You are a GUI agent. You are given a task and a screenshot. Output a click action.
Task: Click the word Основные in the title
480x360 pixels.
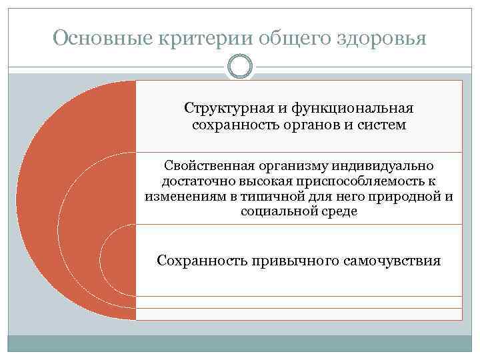103,38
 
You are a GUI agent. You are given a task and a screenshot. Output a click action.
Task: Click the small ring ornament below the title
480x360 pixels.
240,67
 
